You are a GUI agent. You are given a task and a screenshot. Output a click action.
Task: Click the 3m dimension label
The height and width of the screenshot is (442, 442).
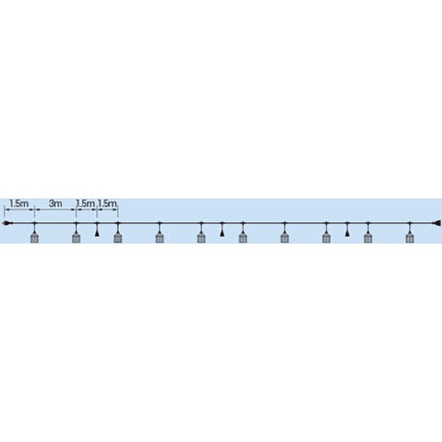coord(56,203)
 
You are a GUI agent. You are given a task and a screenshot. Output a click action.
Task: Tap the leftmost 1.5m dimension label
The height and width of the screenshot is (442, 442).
coord(19,203)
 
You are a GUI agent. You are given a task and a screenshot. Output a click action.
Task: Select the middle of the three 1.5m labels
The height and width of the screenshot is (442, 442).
coord(86,203)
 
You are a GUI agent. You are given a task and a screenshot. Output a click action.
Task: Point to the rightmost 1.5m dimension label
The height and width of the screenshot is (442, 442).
coord(107,203)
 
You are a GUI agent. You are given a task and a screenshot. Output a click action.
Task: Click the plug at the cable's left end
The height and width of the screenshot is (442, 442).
coord(8,224)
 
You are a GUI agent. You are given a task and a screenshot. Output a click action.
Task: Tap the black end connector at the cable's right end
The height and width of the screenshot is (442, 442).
coord(436,224)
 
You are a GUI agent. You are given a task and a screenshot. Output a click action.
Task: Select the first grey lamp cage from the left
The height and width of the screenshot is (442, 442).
coord(34,237)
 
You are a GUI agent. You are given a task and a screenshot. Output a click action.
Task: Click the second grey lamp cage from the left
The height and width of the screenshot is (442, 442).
coord(76,237)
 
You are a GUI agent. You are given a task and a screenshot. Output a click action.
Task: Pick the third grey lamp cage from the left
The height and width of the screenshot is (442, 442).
coord(118,237)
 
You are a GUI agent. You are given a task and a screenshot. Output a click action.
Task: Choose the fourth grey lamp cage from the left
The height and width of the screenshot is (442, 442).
coord(160,237)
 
